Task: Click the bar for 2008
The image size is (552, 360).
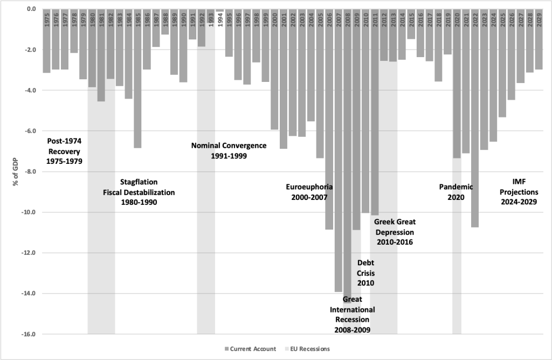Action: coord(347,156)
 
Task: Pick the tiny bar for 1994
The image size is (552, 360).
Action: coord(219,10)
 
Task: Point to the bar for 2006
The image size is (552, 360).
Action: coord(329,119)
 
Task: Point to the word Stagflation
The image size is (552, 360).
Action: coord(139,182)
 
